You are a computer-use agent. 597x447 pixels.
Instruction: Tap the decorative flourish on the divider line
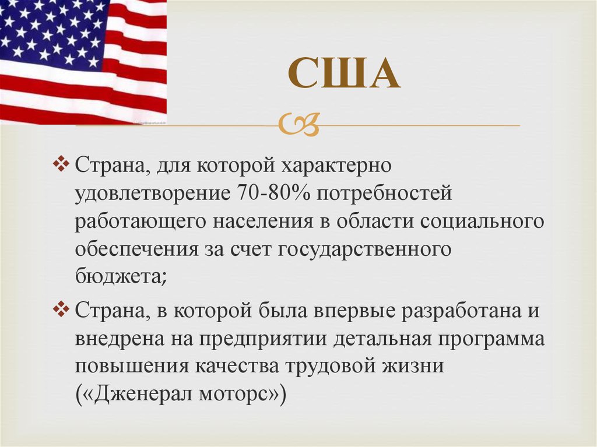[x=298, y=124]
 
